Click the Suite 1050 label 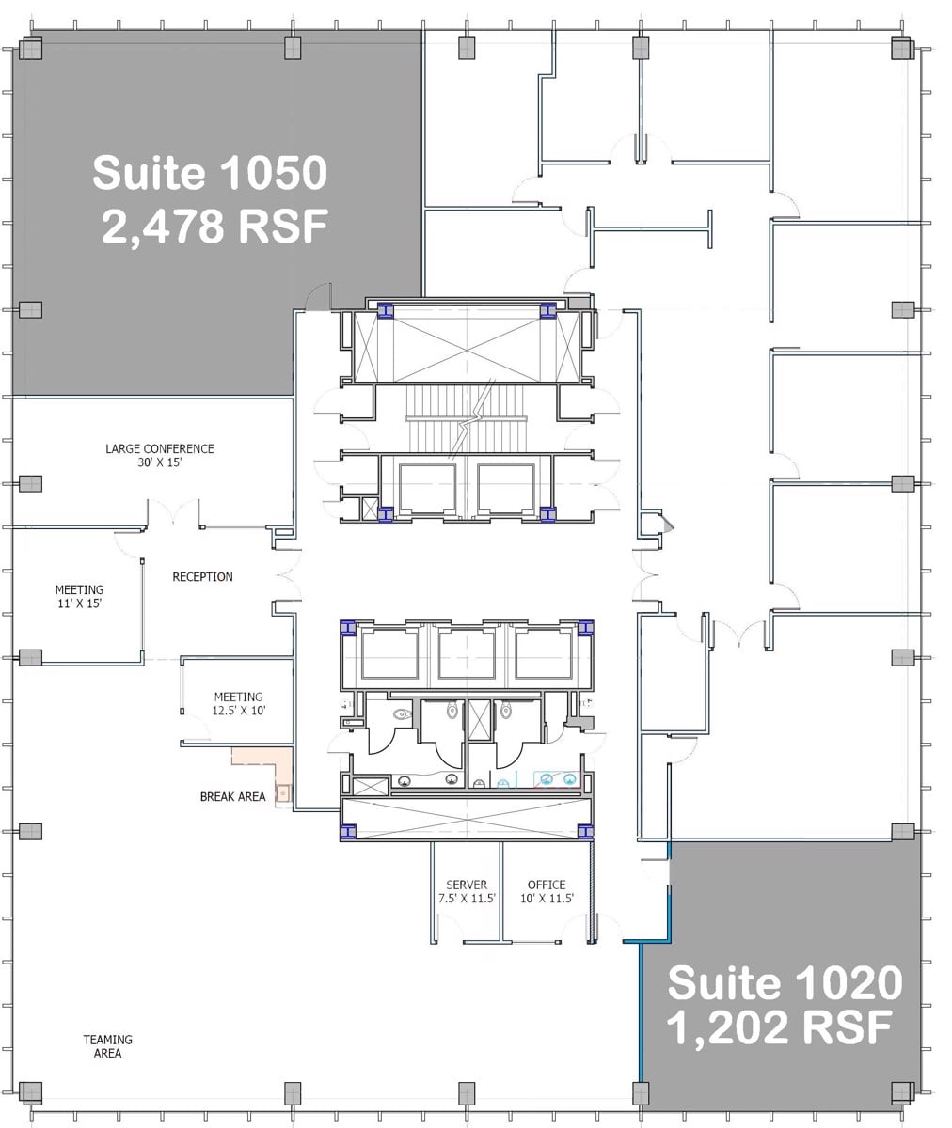[x=209, y=173]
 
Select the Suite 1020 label [x=785, y=984]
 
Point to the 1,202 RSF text [x=780, y=1028]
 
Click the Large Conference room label [x=160, y=448]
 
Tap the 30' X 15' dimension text [x=160, y=463]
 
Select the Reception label [x=202, y=576]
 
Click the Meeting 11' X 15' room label [x=79, y=597]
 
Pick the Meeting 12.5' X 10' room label [x=238, y=704]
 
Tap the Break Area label [x=232, y=796]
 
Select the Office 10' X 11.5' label [x=547, y=891]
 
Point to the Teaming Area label [x=107, y=1046]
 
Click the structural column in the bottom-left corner [x=31, y=1092]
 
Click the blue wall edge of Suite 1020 [x=641, y=1015]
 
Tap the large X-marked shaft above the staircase [x=466, y=346]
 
